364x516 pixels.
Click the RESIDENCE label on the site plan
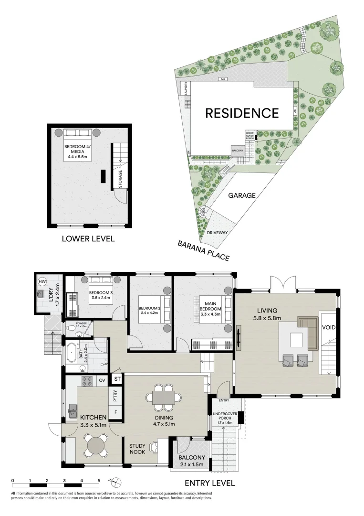pyautogui.click(x=242, y=113)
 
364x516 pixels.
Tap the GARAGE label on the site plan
pyautogui.click(x=241, y=195)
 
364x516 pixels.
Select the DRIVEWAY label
pyautogui.click(x=217, y=233)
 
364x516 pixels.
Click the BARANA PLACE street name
pyautogui.click(x=203, y=250)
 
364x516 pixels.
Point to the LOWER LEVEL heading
pyautogui.click(x=88, y=238)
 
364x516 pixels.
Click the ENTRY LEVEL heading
pyautogui.click(x=210, y=483)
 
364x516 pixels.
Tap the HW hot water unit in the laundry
pyautogui.click(x=42, y=281)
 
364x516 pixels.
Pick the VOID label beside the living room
pyautogui.click(x=328, y=328)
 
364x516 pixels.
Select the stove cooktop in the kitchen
pyautogui.click(x=88, y=381)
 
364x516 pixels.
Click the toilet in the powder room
pyautogui.click(x=71, y=329)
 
